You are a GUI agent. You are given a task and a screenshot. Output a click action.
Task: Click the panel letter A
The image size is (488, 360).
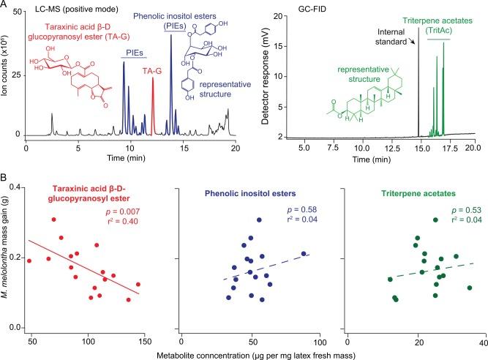pyautogui.click(x=5, y=5)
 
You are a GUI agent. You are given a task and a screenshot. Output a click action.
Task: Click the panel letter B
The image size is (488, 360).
pyautogui.click(x=5, y=178)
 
